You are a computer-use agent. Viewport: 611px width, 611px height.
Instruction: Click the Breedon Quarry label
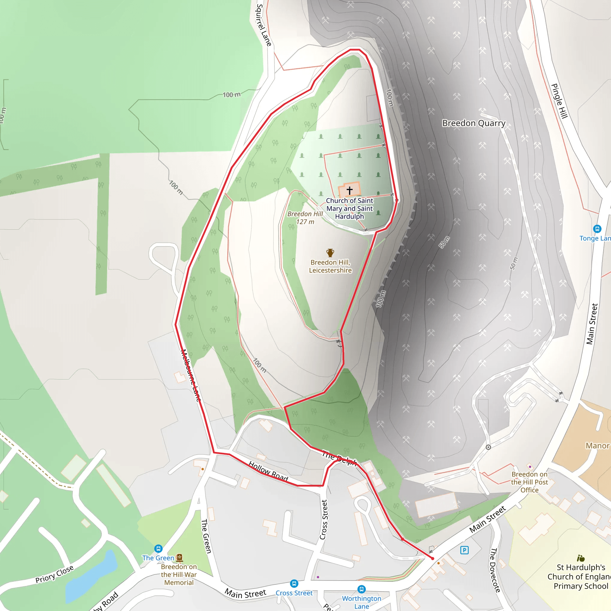tap(473, 123)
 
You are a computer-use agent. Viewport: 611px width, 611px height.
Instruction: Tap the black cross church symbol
tap(349, 190)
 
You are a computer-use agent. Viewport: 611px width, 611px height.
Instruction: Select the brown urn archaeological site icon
tap(330, 252)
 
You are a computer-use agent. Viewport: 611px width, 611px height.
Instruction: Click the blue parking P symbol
tap(464, 550)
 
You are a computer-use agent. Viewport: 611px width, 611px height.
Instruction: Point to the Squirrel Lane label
tap(264, 25)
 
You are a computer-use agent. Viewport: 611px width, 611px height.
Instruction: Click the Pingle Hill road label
tap(559, 101)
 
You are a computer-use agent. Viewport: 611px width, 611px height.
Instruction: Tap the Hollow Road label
tap(268, 471)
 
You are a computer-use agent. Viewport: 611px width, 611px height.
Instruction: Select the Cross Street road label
tap(323, 519)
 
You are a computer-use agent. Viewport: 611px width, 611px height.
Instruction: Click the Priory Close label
tap(54, 574)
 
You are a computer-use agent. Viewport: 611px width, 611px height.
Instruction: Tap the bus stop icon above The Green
tap(158, 548)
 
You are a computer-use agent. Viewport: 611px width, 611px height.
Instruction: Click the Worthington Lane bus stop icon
tap(362, 589)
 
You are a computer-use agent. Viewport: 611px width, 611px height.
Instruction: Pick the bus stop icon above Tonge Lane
tap(597, 228)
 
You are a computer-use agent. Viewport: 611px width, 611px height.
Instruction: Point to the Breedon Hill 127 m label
tap(305, 217)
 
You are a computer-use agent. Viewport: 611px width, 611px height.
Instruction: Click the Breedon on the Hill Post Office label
tap(530, 482)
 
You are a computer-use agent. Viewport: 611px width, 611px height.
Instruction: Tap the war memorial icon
tap(179, 557)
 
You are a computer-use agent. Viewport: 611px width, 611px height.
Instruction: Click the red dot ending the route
tap(433, 558)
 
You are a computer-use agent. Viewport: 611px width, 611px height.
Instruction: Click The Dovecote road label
tap(495, 570)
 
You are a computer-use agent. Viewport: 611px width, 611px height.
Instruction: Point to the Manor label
tap(597, 446)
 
